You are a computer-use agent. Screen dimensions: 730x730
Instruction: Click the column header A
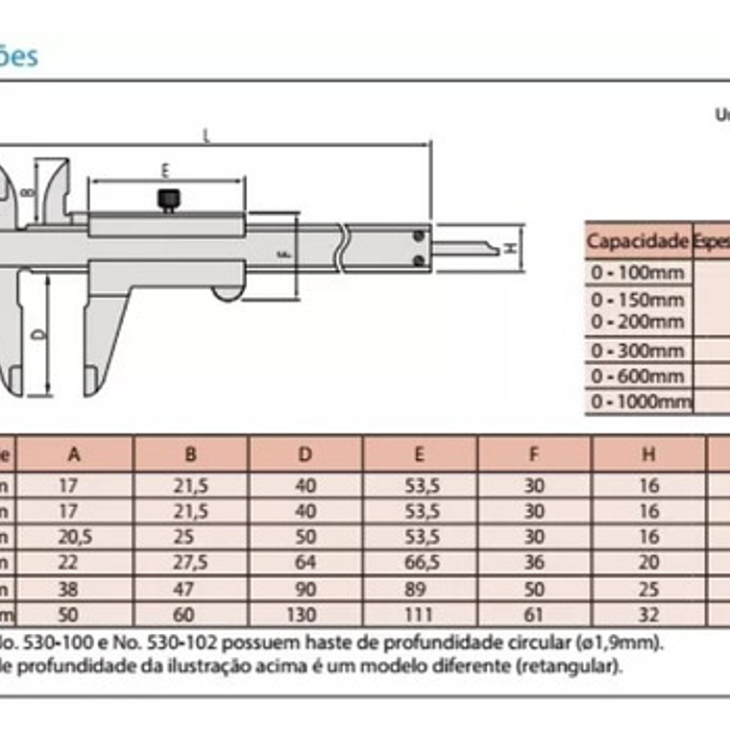tap(76, 453)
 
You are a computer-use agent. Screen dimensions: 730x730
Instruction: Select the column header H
tap(649, 453)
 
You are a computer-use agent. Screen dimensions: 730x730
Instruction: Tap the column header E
tap(420, 453)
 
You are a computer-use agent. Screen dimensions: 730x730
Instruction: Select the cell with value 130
tap(304, 614)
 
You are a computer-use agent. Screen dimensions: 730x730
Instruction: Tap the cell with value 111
tap(420, 614)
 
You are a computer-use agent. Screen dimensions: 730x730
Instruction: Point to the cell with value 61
tap(534, 614)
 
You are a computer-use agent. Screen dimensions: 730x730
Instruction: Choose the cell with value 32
tap(649, 614)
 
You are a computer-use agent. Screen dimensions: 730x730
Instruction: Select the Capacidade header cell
tap(638, 240)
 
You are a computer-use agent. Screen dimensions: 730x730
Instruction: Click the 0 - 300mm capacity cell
tap(638, 351)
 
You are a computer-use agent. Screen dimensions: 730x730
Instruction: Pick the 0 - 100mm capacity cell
tap(638, 272)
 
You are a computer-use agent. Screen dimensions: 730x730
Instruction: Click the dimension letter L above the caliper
tap(207, 135)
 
